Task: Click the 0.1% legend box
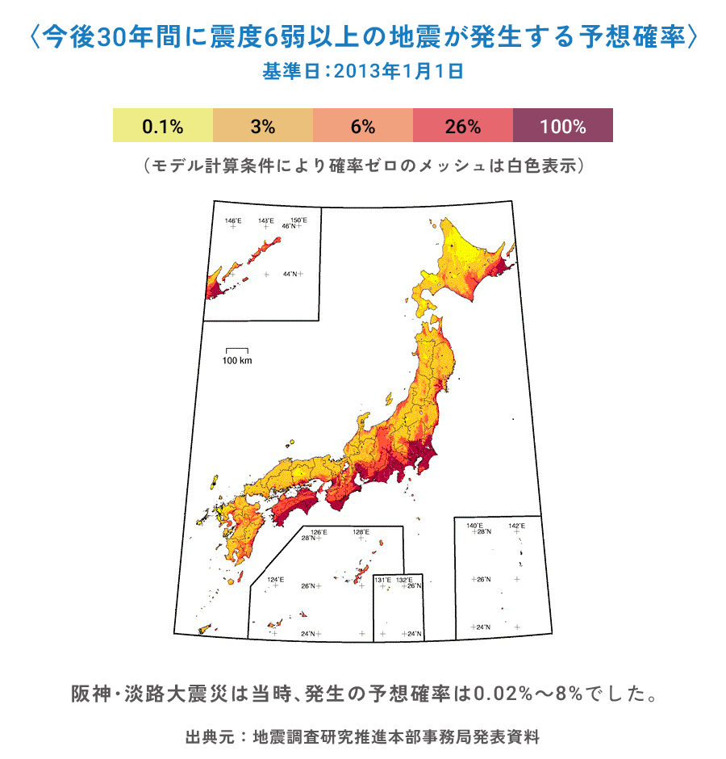(163, 126)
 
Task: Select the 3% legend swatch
(263, 126)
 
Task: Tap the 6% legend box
(363, 126)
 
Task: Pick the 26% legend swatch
(463, 126)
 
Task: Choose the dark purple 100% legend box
(563, 126)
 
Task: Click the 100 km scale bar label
(237, 360)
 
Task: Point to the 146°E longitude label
(232, 220)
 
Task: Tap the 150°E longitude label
(298, 220)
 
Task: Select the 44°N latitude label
(290, 275)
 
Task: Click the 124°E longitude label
(276, 579)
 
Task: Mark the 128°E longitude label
(361, 532)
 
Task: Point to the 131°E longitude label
(382, 580)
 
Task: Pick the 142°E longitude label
(517, 526)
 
